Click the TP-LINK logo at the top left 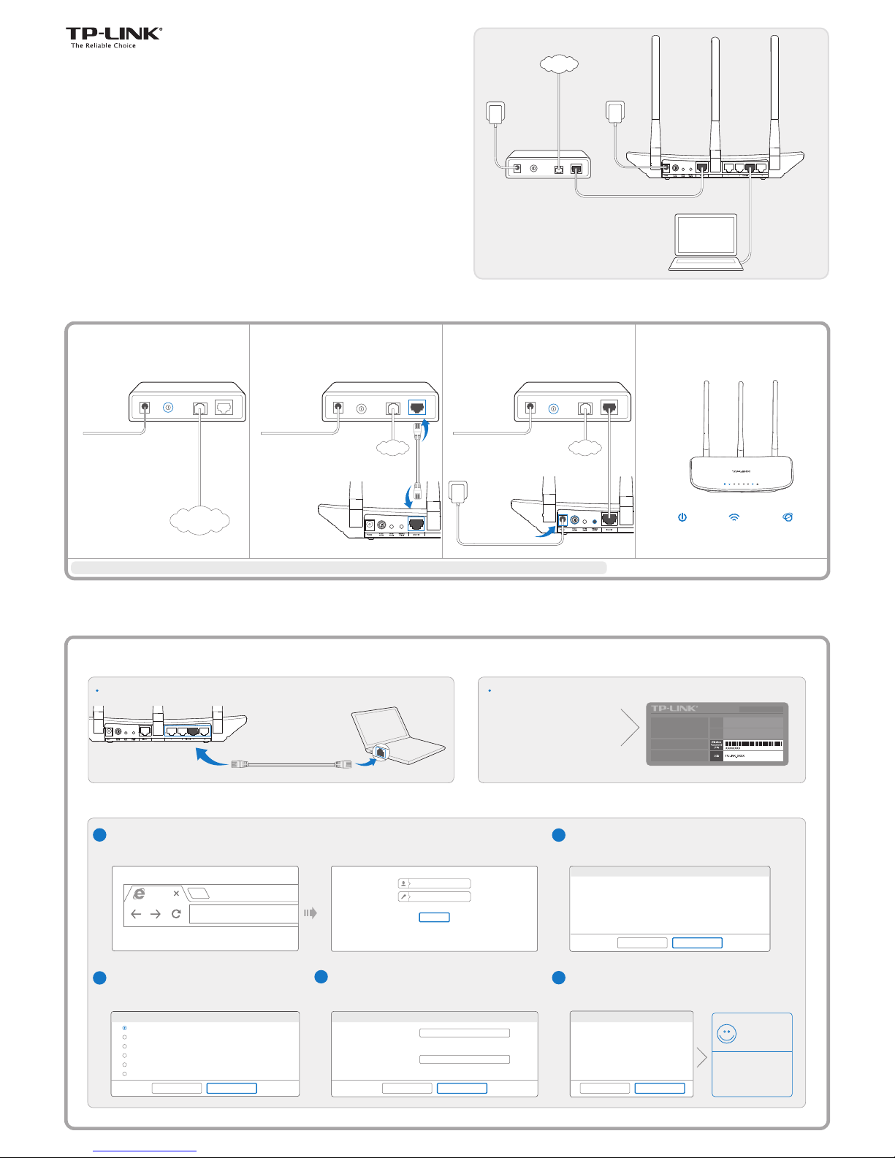point(113,34)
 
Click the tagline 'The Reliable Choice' point(103,46)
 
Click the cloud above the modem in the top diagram point(559,64)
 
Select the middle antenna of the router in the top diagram point(715,95)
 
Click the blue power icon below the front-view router point(682,517)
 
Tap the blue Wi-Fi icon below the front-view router point(734,517)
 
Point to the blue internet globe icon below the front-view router point(787,517)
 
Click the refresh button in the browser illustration point(176,914)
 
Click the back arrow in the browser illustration point(136,914)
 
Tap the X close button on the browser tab point(176,894)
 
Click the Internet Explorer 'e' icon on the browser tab point(139,894)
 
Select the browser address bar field point(243,914)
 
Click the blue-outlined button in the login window point(434,917)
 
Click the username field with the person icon point(434,883)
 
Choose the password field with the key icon point(434,896)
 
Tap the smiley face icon point(726,1034)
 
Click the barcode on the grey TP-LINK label point(753,744)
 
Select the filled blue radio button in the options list point(125,1028)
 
